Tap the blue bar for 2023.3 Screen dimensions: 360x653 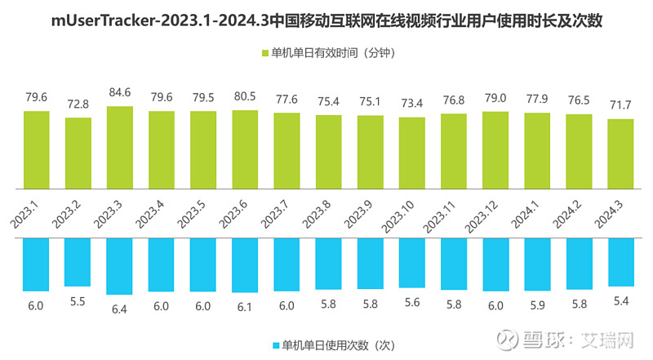pyautogui.click(x=119, y=266)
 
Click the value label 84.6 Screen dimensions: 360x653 pyautogui.click(x=119, y=94)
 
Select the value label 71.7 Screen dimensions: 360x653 pyautogui.click(x=620, y=107)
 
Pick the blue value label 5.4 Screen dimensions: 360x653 pyautogui.click(x=620, y=301)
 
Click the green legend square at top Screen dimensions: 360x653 pyautogui.click(x=264, y=54)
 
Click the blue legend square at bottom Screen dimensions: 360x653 pyautogui.click(x=275, y=344)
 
